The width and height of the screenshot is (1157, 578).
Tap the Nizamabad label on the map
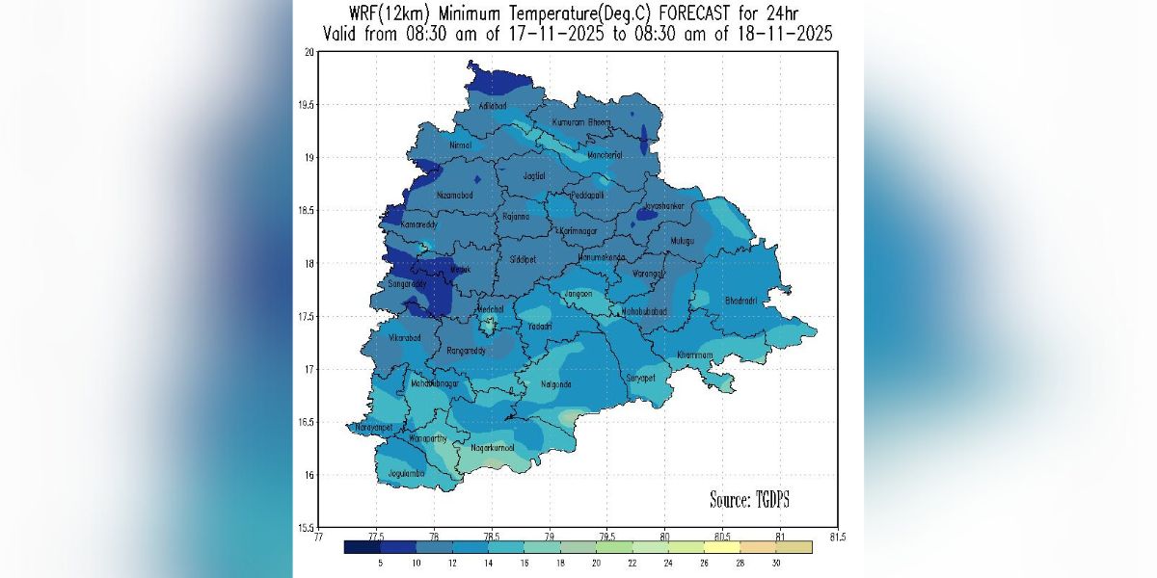pos(455,195)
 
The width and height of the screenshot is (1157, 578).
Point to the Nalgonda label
pos(555,384)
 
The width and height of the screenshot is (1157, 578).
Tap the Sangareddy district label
pos(407,284)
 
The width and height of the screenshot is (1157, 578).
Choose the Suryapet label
pos(640,378)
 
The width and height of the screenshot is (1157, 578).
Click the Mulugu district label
pos(683,240)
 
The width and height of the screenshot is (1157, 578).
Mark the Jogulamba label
pos(407,474)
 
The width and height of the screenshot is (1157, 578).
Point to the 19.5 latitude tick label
pos(305,105)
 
